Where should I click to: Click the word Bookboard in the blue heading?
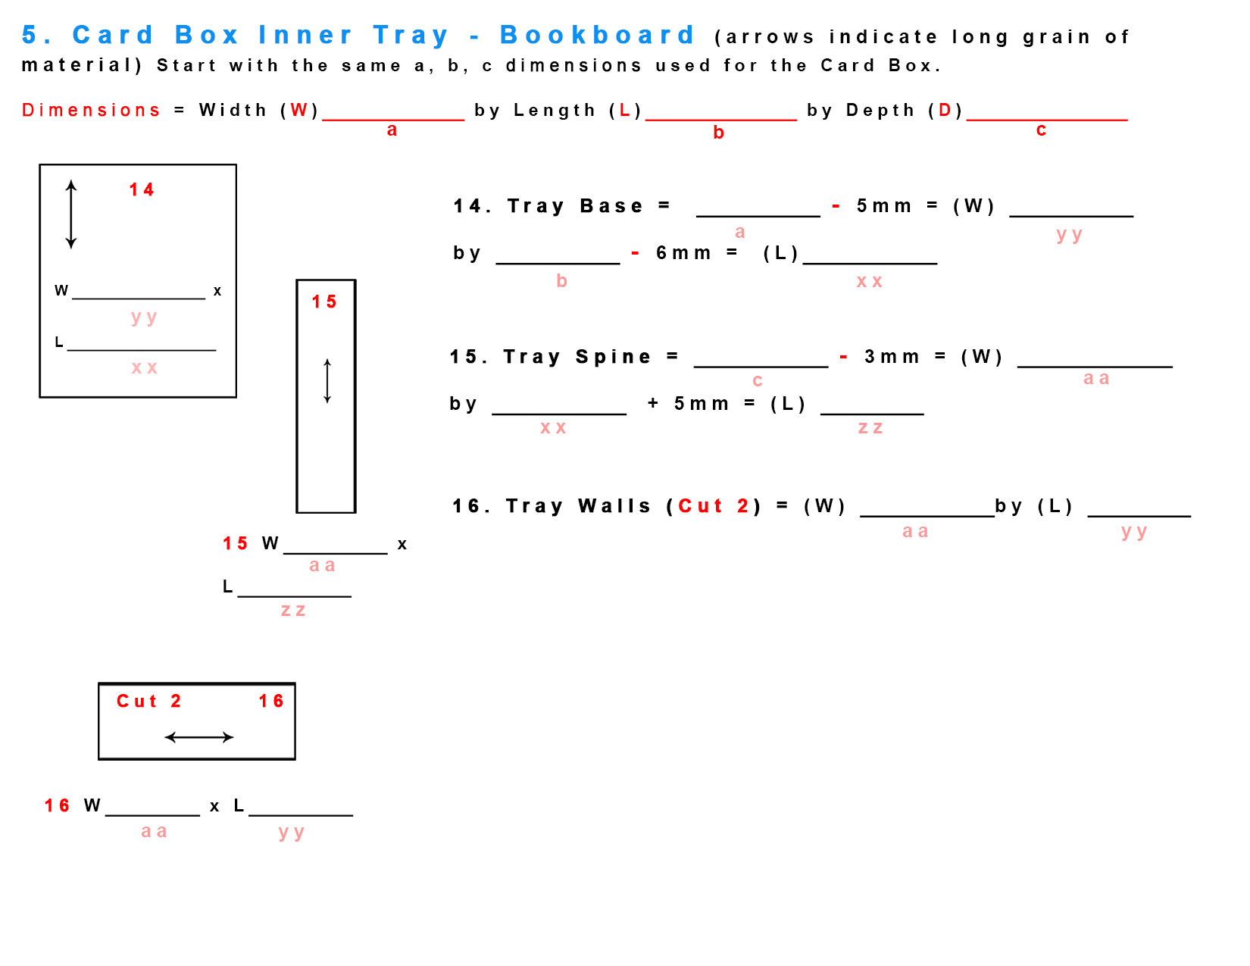point(597,35)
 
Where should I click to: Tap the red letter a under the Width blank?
point(392,130)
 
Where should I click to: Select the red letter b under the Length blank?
point(718,133)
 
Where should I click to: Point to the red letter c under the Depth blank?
point(1041,130)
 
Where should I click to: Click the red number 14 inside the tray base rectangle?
point(142,189)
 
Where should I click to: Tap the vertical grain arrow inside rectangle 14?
point(71,214)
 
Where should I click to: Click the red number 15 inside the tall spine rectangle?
point(324,302)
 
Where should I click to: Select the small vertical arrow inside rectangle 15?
point(327,381)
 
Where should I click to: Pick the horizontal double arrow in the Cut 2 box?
point(198,736)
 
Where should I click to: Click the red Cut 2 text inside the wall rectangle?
point(148,701)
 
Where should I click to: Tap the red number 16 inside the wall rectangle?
point(271,701)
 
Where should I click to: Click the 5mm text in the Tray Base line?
point(883,206)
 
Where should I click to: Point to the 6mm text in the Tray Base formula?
point(683,253)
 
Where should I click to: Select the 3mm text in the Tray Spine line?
point(892,357)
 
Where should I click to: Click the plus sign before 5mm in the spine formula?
point(653,403)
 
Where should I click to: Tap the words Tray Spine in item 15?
point(577,357)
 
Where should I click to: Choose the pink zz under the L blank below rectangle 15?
point(293,611)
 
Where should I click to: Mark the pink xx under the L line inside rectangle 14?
point(144,368)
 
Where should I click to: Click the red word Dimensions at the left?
point(91,111)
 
